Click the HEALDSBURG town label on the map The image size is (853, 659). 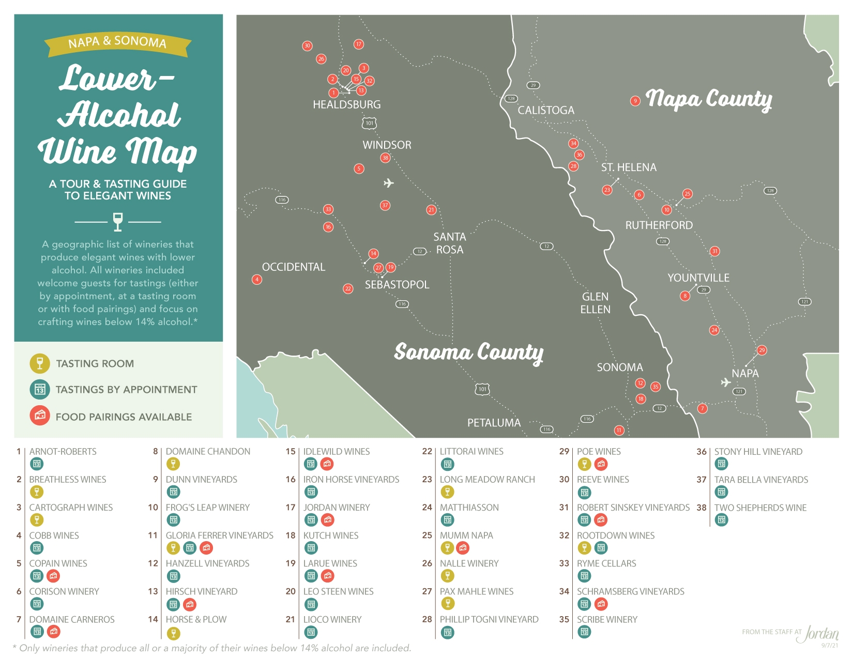click(x=346, y=104)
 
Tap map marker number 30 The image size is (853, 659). click(x=307, y=45)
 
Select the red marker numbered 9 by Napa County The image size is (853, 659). click(x=635, y=101)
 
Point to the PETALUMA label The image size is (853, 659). click(x=494, y=423)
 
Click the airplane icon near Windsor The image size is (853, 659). click(x=389, y=183)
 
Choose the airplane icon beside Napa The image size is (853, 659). click(x=726, y=382)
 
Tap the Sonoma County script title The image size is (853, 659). click(x=468, y=352)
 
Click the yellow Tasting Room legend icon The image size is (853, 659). click(x=40, y=363)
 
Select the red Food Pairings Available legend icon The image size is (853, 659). click(x=40, y=416)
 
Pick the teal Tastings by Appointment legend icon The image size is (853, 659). click(x=40, y=389)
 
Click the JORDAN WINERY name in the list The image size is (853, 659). click(x=337, y=508)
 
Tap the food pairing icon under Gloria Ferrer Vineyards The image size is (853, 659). click(x=206, y=548)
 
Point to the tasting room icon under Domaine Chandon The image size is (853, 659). click(x=173, y=464)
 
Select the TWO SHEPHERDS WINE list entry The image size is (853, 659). click(x=760, y=508)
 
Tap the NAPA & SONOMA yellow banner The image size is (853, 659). click(x=117, y=43)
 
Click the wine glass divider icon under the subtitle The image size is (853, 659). click(x=118, y=222)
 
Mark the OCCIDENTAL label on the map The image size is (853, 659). click(x=294, y=267)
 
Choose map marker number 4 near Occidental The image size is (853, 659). click(x=257, y=279)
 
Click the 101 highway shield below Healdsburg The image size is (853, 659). click(x=369, y=123)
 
